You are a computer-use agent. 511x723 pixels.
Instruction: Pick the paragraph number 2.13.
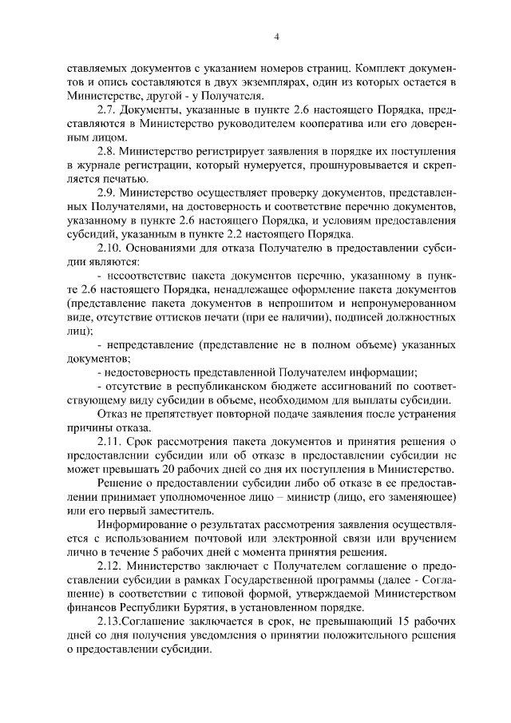pos(109,622)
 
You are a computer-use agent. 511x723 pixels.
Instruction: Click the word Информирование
pos(145,525)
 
